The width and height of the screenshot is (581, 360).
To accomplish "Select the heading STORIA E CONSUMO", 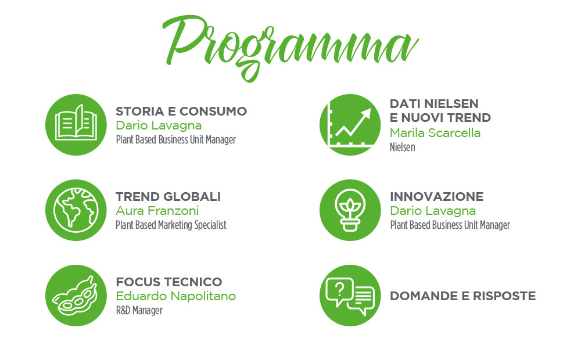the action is click(181, 111).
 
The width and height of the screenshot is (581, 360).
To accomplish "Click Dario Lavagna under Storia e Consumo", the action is click(159, 125).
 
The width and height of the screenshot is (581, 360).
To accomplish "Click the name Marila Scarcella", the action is click(435, 132).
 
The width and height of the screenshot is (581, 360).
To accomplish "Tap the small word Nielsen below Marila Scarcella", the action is click(403, 147).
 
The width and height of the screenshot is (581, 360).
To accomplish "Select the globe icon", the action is click(76, 210).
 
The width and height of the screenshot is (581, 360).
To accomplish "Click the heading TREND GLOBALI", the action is click(168, 196).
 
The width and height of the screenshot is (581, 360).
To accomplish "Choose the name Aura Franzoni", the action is click(157, 211).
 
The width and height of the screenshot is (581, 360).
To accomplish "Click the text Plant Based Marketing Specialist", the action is click(171, 225).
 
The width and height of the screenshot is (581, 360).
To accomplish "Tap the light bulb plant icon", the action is click(350, 210).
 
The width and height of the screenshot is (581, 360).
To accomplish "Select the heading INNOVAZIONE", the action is click(436, 196).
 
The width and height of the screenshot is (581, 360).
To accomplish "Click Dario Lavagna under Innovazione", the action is click(433, 211).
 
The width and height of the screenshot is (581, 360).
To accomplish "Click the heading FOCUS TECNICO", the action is click(169, 282).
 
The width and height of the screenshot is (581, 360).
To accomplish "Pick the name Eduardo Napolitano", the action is click(176, 296).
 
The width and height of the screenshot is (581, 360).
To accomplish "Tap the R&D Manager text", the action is click(139, 311).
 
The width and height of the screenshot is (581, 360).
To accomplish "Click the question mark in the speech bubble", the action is click(339, 288).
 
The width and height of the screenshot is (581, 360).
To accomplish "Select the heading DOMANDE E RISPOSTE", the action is click(463, 296).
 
